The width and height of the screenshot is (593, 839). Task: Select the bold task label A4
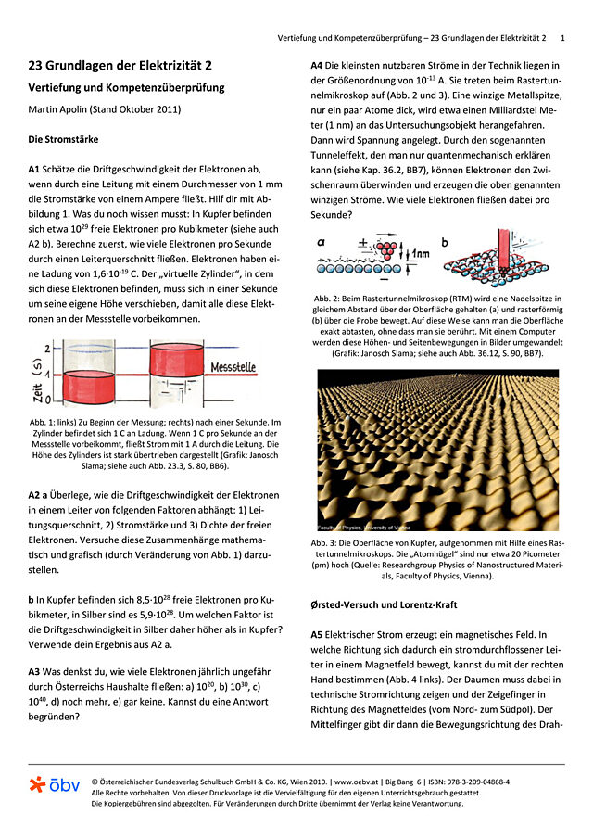tap(317, 65)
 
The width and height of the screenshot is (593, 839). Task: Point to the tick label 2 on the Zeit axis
tap(47, 347)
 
